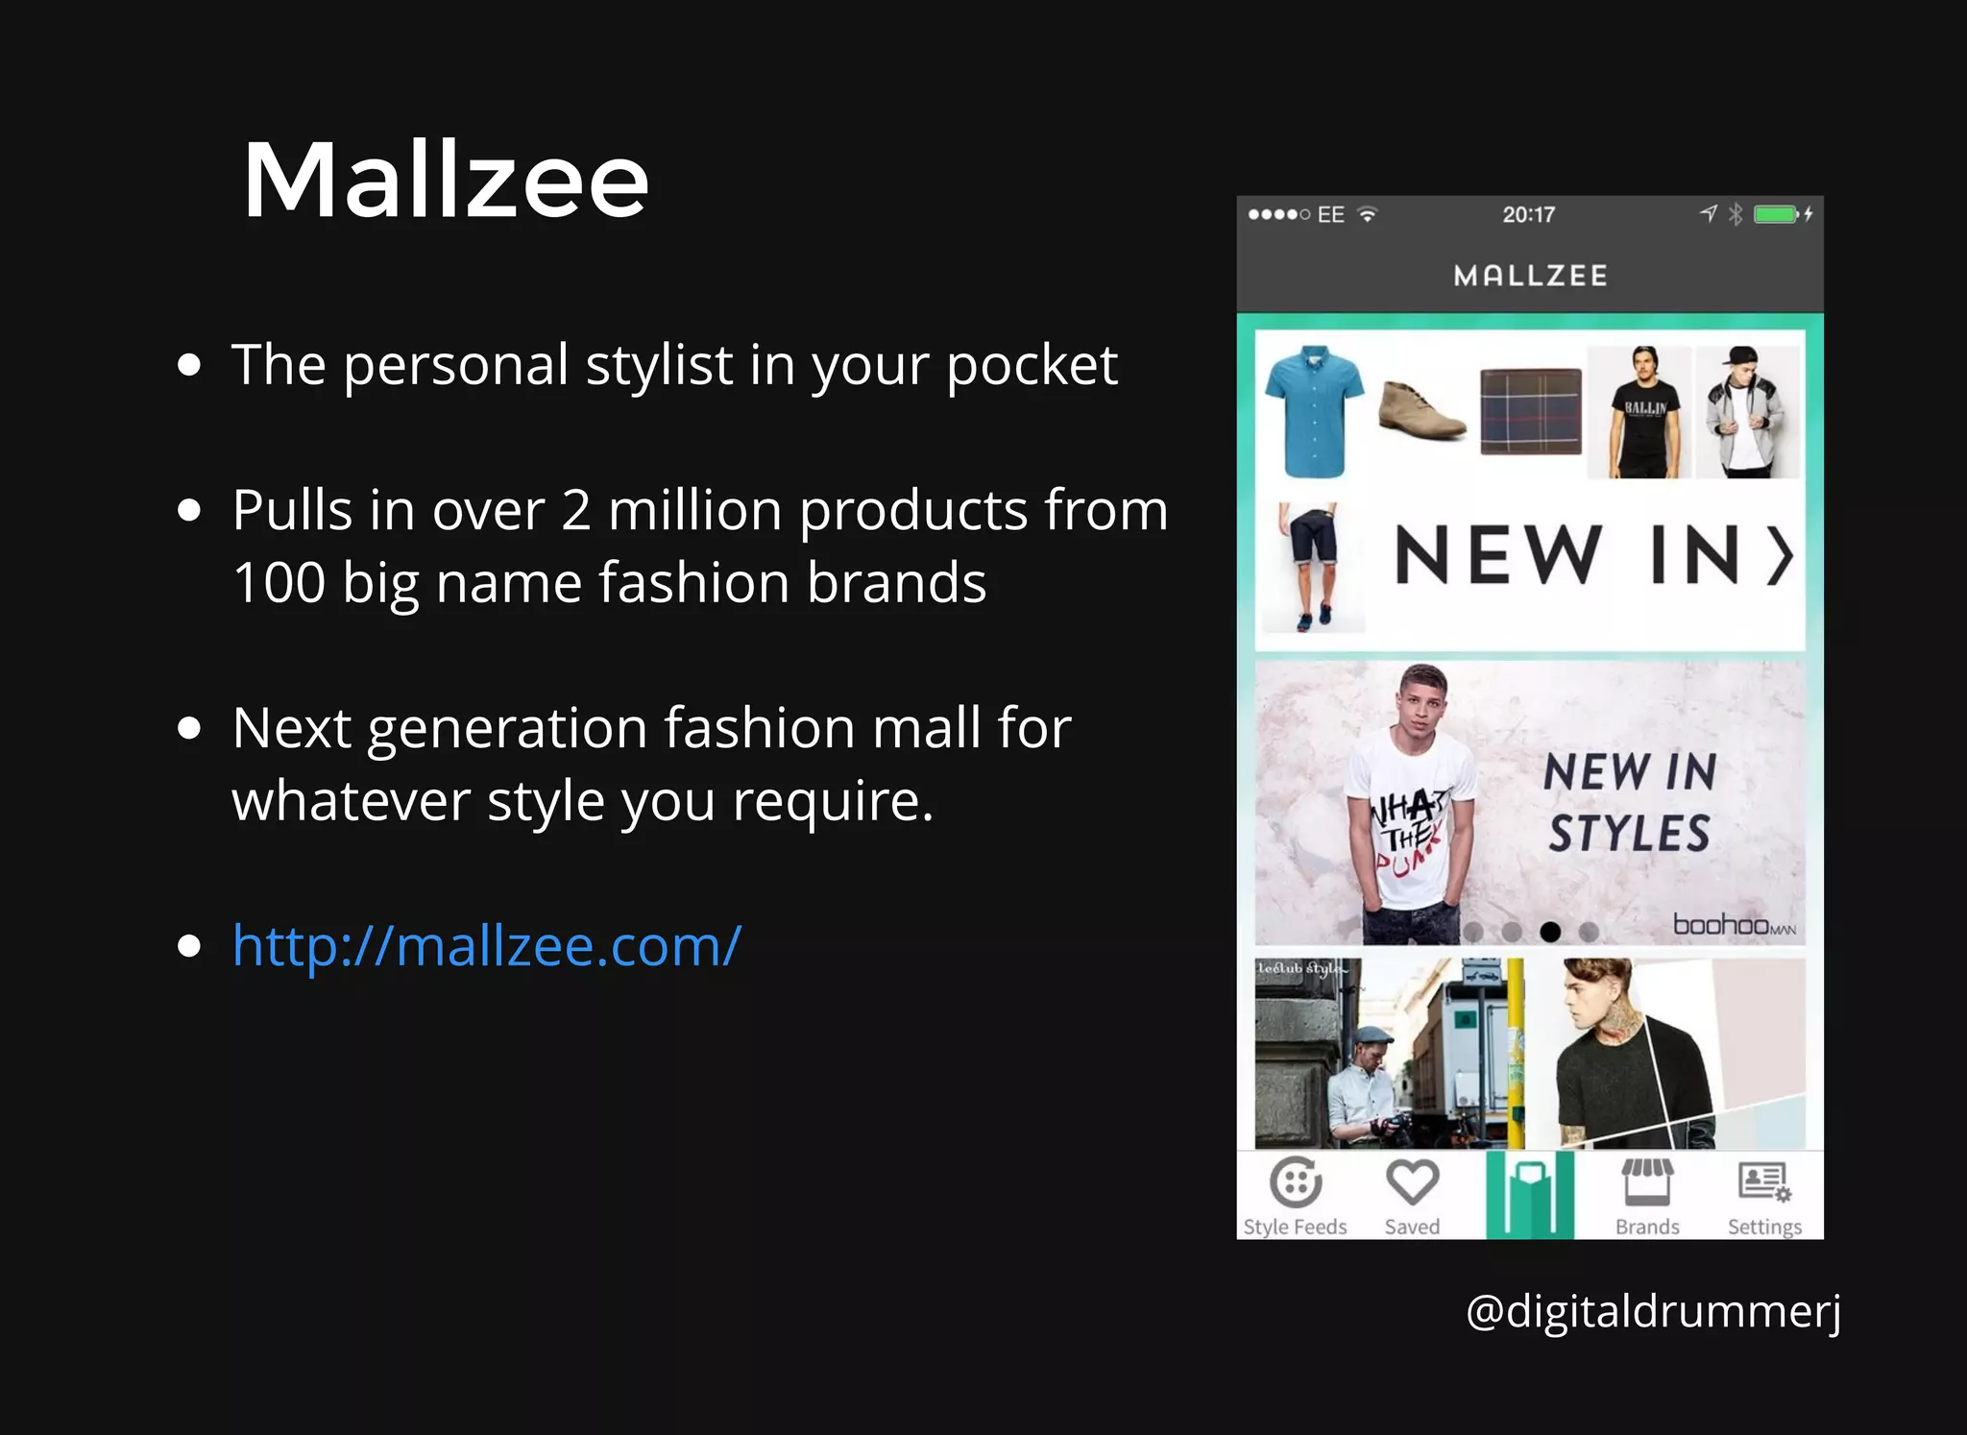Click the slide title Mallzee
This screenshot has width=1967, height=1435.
[446, 181]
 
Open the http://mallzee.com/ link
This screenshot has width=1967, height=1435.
[486, 946]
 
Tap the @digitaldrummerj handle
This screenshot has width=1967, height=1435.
[1653, 1311]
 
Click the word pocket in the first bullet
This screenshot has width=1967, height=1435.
[1032, 366]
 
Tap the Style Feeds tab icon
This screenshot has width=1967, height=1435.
[1296, 1182]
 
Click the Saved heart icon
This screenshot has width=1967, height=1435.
[1412, 1182]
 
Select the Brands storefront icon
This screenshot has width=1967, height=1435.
[1647, 1182]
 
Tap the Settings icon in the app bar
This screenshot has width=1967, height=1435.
[1764, 1182]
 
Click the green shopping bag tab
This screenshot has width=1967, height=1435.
[1530, 1195]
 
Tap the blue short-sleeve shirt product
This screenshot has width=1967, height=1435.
[1313, 411]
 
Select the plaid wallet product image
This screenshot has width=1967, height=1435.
[1530, 411]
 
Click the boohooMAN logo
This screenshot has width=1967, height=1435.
[1734, 925]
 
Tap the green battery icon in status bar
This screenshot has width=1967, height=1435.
[1775, 214]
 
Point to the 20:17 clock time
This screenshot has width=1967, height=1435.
[1528, 214]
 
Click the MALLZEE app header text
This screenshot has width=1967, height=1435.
[1530, 277]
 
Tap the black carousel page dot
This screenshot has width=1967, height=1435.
[1550, 932]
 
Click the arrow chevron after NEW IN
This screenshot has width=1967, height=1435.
[1781, 556]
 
